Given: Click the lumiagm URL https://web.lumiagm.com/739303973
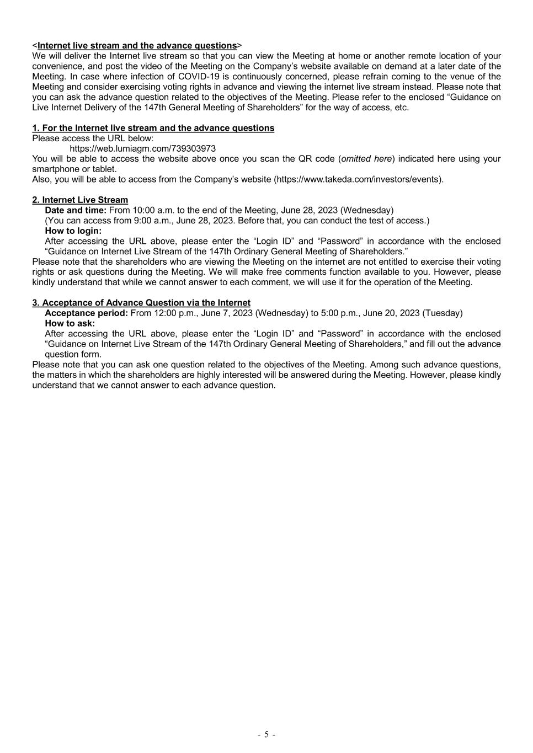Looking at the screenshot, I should (x=142, y=148).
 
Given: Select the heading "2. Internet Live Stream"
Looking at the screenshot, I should (x=80, y=200).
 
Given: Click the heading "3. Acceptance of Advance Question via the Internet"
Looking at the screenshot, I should (x=141, y=302).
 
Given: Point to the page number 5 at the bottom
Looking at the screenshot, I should (x=266, y=734).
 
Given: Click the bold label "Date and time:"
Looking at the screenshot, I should (x=76, y=210).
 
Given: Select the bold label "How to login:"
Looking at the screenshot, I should (x=73, y=231).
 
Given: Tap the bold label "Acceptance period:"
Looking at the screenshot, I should (x=87, y=313).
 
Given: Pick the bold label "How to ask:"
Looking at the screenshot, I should (x=70, y=323).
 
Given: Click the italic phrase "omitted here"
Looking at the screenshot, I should (x=366, y=159).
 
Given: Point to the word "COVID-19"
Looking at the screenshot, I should (x=195, y=76).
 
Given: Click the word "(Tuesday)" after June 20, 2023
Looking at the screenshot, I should (x=443, y=313).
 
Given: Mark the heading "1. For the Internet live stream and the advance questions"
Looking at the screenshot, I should (x=153, y=128).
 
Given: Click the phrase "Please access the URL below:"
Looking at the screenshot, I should (x=93, y=138).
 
